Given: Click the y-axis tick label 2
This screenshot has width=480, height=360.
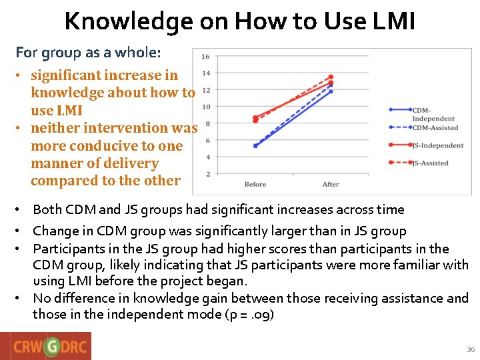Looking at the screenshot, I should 208,174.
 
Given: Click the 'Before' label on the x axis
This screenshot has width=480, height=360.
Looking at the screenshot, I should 255,185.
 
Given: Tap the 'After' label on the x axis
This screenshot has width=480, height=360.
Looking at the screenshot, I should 331,185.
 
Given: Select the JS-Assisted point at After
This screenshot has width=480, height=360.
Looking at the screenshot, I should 331,77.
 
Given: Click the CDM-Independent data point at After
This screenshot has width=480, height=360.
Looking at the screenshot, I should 331,91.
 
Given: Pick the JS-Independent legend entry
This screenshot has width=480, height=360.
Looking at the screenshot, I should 437,145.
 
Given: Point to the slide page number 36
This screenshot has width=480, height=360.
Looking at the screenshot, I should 471,349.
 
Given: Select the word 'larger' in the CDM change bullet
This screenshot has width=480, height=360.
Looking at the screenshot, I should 305,231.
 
